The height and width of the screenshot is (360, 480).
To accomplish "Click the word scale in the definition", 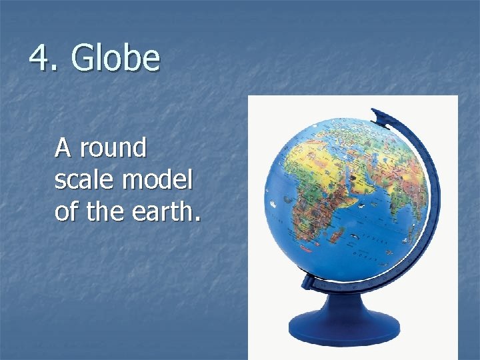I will [84, 179].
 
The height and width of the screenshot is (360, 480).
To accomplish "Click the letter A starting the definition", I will [63, 148].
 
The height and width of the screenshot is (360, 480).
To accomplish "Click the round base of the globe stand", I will [344, 327].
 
